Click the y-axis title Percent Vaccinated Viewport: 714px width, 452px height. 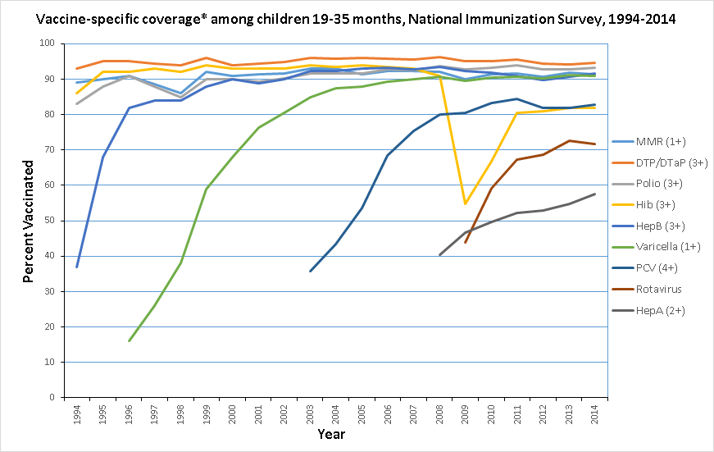(x=28, y=220)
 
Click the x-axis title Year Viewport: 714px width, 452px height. (x=331, y=433)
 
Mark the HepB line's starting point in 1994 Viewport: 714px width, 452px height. (x=77, y=267)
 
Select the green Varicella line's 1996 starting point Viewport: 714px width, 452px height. (x=129, y=340)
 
